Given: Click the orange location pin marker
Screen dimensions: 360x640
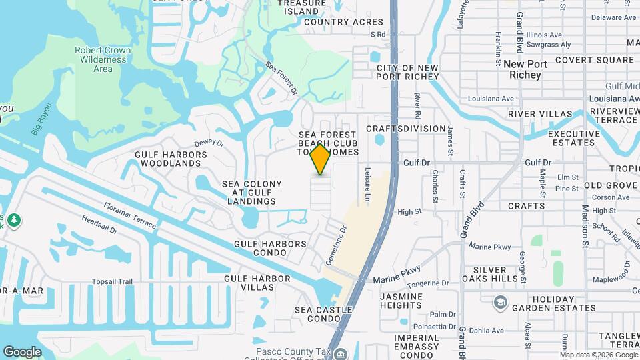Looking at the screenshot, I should point(321,159).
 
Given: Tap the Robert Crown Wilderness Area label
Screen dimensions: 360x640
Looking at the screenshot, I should point(103,59).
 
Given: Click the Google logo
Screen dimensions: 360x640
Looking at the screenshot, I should point(22,351).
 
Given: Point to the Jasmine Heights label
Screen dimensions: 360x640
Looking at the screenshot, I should point(401,301).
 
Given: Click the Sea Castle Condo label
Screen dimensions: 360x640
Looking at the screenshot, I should point(328,315).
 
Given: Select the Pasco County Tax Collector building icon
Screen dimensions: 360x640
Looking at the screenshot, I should point(341,354).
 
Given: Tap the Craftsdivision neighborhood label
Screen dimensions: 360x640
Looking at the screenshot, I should point(406,129).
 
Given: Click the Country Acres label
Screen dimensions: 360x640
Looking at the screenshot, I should point(344,22).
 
